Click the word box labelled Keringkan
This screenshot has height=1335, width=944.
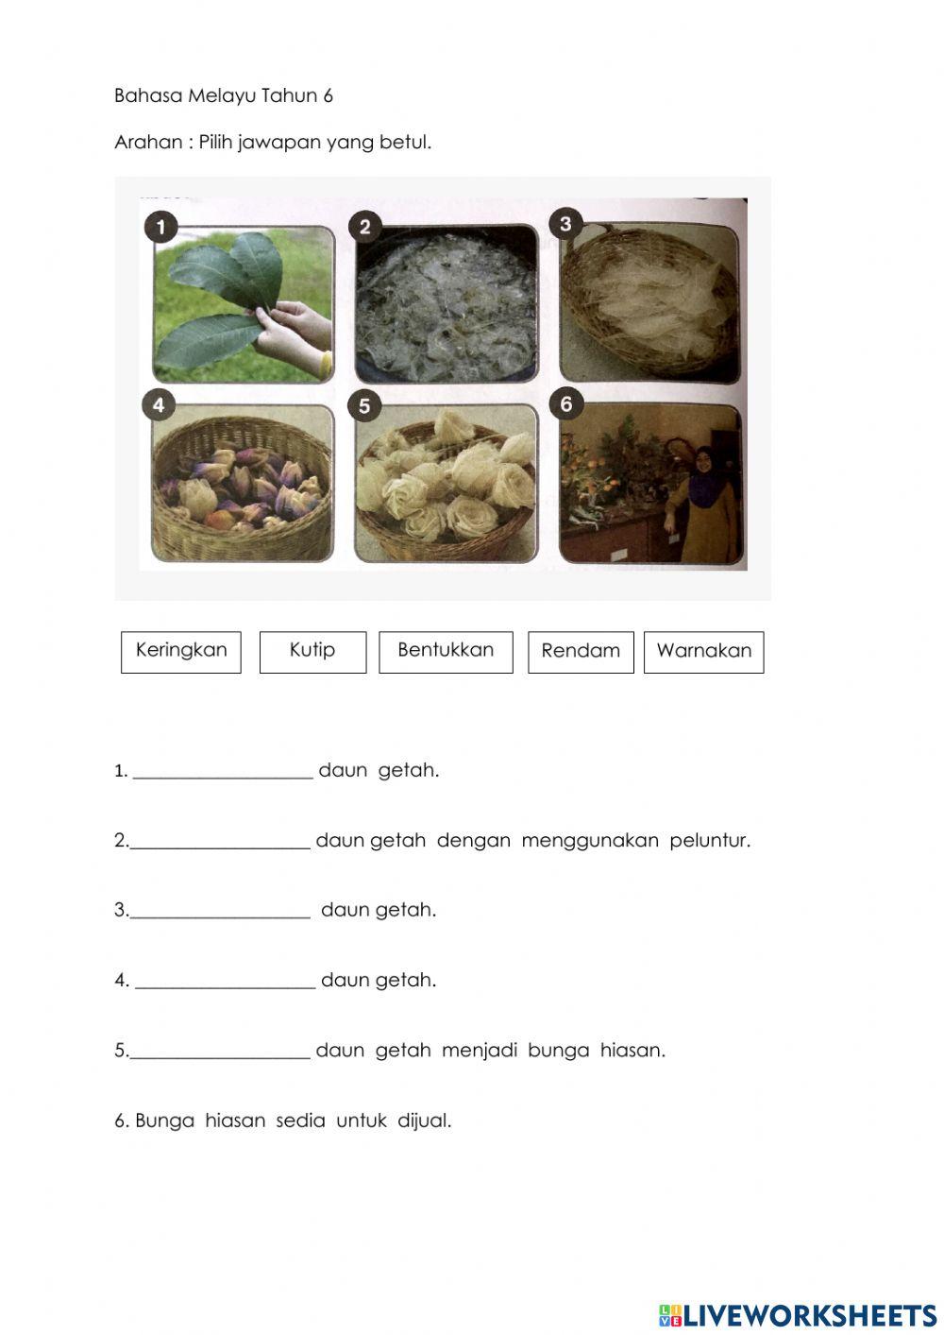(x=181, y=652)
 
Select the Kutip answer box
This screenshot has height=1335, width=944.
(x=312, y=652)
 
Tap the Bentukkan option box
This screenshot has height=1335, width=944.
(x=446, y=652)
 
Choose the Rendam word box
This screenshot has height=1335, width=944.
(x=581, y=652)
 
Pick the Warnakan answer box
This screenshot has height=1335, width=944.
(x=703, y=652)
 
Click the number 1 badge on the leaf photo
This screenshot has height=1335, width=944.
(x=161, y=227)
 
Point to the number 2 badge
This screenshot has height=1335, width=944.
(x=364, y=227)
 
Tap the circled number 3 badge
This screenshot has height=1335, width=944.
(x=565, y=224)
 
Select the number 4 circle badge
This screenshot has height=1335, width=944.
(x=159, y=405)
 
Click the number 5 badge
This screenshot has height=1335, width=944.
(x=364, y=406)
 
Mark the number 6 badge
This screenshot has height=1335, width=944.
(x=565, y=404)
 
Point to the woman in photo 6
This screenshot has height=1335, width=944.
(x=703, y=501)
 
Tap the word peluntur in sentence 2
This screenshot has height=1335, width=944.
(x=710, y=841)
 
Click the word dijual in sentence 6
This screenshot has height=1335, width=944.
(x=424, y=1121)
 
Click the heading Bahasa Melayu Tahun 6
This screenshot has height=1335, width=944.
(x=224, y=95)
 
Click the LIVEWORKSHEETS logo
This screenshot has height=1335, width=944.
(x=798, y=1315)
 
